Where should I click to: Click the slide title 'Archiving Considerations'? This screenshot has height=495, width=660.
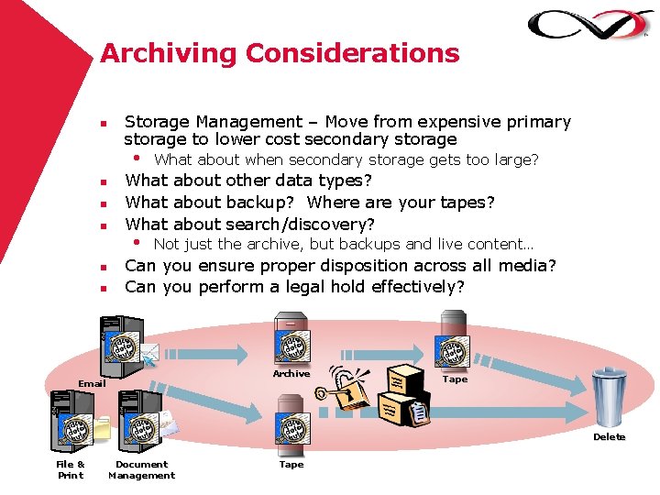280,53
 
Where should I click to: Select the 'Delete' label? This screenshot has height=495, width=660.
609,437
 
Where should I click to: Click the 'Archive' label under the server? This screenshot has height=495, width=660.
291,374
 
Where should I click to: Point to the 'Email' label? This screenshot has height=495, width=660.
92,383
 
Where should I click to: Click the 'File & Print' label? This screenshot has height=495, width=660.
71,469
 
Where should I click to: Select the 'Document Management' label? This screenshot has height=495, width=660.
141,469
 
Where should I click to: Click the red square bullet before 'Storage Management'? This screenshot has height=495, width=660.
104,123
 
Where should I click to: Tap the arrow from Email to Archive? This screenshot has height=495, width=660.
212,351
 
